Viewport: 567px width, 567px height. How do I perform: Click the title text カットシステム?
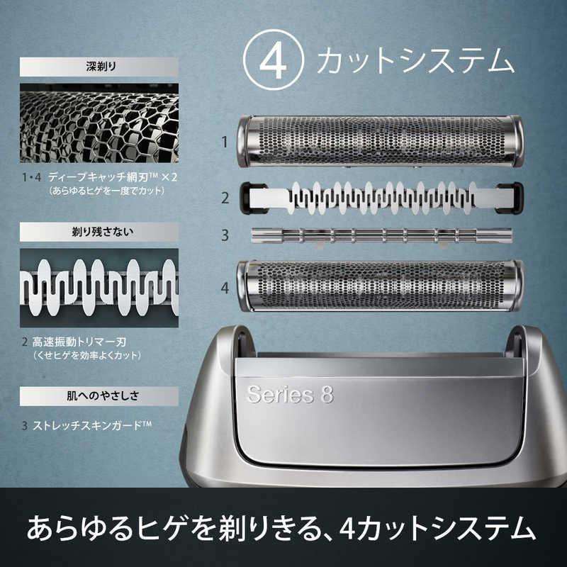(x=415, y=62)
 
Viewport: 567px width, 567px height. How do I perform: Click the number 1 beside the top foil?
(x=224, y=142)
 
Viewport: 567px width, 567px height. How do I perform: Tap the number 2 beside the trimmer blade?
(x=224, y=198)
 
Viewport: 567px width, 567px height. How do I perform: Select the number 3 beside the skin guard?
(x=224, y=235)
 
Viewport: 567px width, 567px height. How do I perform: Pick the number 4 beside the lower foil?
(x=224, y=288)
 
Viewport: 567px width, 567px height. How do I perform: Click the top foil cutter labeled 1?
(x=380, y=141)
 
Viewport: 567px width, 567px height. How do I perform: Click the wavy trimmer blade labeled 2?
(x=380, y=197)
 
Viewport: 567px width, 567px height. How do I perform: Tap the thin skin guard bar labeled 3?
(x=380, y=235)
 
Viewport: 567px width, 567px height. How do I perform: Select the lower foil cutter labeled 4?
(x=380, y=286)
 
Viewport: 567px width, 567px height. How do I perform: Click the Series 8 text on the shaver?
(x=289, y=394)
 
